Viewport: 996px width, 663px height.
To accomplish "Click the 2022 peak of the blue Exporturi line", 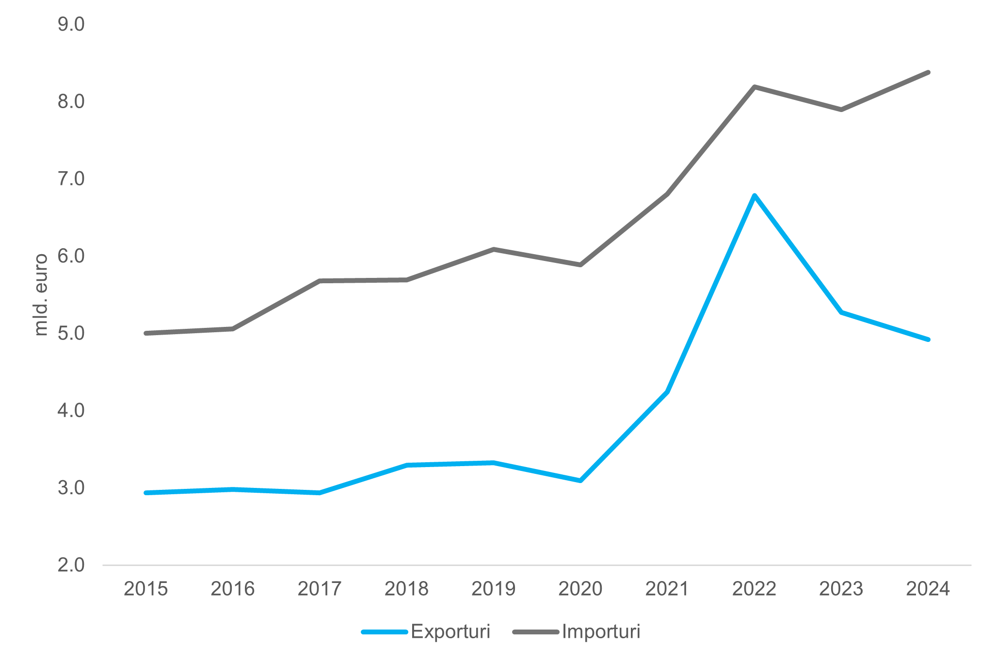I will [754, 195].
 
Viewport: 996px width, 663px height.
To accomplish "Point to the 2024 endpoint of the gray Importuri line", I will [928, 72].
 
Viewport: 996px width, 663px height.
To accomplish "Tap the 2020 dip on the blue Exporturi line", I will [580, 481].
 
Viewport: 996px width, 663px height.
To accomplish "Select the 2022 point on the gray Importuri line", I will [754, 87].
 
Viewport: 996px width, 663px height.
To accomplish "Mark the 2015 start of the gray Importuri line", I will [146, 333].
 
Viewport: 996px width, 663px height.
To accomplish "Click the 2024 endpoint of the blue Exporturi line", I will [928, 340].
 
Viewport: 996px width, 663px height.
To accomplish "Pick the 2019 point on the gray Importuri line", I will [494, 249].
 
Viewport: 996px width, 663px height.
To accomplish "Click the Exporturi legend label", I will [450, 632].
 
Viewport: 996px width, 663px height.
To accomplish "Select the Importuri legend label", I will [601, 632].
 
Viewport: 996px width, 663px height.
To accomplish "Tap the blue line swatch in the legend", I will [384, 632].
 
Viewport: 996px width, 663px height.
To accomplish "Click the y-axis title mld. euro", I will [41, 294].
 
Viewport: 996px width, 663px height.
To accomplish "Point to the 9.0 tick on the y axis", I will [71, 24].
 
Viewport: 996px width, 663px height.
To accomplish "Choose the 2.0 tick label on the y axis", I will [71, 565].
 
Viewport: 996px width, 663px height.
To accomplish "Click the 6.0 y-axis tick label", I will [71, 256].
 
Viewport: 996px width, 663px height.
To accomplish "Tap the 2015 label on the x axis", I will [146, 589].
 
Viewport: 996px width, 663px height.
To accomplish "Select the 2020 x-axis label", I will [580, 589].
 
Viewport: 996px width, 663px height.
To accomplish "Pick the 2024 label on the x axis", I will [928, 589].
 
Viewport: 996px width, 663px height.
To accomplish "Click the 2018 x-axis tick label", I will [406, 589].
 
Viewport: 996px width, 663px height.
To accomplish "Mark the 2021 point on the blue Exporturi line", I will [667, 391].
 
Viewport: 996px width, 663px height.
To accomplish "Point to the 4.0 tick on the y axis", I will [71, 411].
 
